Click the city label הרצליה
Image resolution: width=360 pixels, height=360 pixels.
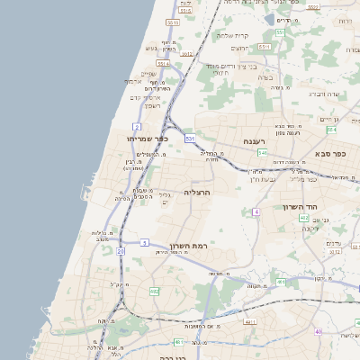pos(196,193)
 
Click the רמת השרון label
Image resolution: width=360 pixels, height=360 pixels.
pos(186,247)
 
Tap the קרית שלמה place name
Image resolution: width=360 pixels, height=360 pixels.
pos(232,36)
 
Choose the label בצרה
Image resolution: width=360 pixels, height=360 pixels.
pos(265,77)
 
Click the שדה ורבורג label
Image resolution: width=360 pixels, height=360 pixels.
pos(323,94)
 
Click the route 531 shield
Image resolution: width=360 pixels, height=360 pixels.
pos(190,139)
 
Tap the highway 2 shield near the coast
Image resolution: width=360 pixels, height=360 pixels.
pos(137,126)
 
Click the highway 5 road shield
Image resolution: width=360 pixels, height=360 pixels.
pos(144,242)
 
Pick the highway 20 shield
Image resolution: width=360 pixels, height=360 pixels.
pos(121,251)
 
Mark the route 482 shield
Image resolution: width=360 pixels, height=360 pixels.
pos(155,292)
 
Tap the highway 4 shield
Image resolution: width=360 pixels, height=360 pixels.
pos(256,211)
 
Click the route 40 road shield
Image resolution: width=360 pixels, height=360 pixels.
pos(319,332)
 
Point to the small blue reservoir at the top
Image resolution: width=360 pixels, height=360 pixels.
pos(268,17)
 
